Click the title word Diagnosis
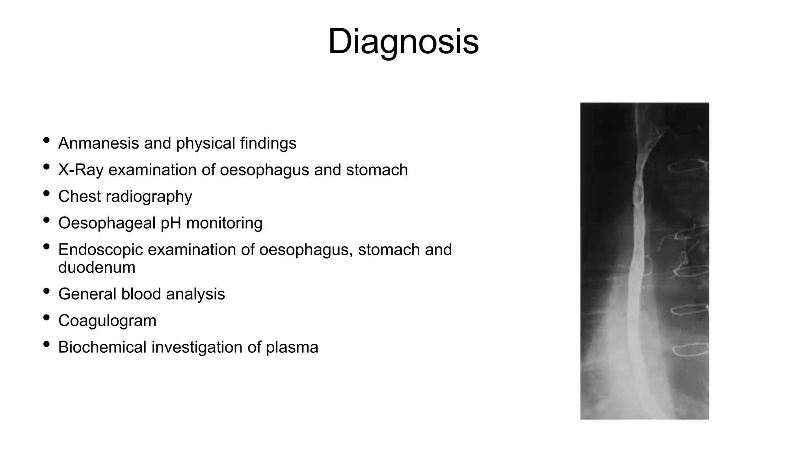click(x=403, y=42)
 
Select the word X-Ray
click(x=81, y=170)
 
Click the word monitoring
click(x=224, y=223)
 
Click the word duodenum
click(x=97, y=268)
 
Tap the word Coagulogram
click(x=107, y=321)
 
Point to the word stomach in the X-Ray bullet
click(x=377, y=170)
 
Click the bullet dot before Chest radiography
click(x=46, y=194)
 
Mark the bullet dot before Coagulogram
click(x=46, y=318)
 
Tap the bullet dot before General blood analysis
click(x=46, y=291)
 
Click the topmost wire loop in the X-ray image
click(x=688, y=167)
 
